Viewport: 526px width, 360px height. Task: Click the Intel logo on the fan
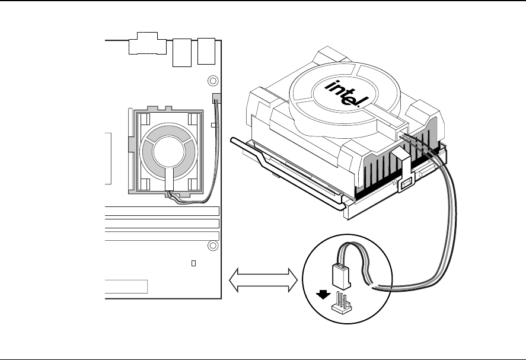(x=346, y=93)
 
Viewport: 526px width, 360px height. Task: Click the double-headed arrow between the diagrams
(x=263, y=280)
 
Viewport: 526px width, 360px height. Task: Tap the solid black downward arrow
(x=323, y=295)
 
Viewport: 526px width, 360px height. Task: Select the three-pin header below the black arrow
(x=341, y=303)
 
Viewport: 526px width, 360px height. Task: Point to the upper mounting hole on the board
(x=213, y=81)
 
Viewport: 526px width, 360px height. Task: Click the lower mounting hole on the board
(x=213, y=246)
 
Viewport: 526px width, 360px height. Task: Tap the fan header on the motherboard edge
(x=216, y=98)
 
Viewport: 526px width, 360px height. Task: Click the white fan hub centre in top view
(x=169, y=152)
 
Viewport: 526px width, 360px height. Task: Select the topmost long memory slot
(x=162, y=211)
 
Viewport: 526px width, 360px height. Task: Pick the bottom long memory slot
(x=162, y=236)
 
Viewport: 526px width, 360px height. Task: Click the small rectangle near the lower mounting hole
(x=193, y=263)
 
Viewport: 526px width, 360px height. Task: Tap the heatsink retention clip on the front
(x=405, y=170)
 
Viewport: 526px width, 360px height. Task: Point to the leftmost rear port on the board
(x=148, y=43)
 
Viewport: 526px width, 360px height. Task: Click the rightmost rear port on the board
(x=206, y=52)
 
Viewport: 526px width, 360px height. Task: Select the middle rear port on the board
(x=182, y=52)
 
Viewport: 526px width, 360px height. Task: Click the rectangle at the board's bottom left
(x=126, y=286)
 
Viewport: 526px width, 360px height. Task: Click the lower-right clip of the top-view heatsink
(x=193, y=184)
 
